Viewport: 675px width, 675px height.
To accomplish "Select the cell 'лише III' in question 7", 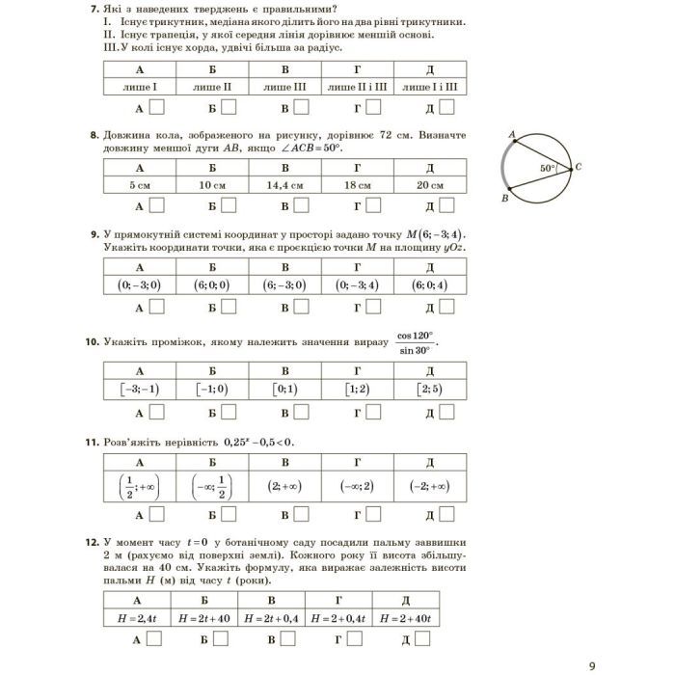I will coord(284,87).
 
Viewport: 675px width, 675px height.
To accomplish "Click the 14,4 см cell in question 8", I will coord(284,185).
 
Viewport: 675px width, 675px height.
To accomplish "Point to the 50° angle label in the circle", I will coord(548,167).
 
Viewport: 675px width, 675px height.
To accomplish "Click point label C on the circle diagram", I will coord(578,167).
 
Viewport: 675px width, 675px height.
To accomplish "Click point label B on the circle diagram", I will coord(504,198).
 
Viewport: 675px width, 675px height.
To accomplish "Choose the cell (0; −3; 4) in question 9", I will coord(357,285).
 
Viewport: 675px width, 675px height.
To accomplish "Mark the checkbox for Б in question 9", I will coord(229,307).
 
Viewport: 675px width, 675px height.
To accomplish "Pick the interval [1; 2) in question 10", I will coord(357,390).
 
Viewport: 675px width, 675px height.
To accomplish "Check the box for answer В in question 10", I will coord(302,412).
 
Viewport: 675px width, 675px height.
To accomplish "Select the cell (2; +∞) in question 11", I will coord(284,487).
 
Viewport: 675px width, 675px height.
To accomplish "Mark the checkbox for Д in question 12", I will coord(422,638).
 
